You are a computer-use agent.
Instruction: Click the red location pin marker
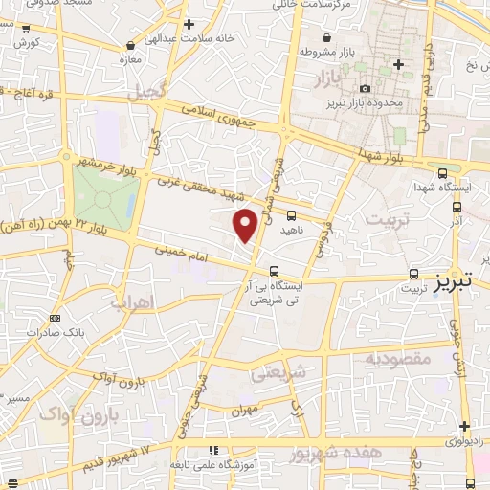246,224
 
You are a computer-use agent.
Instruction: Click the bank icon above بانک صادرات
55,318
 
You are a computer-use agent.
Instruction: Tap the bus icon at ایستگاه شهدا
441,173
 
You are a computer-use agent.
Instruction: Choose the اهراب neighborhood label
133,303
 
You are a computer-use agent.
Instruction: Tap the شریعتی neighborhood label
278,372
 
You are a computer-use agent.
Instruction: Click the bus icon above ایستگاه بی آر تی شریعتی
275,271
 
